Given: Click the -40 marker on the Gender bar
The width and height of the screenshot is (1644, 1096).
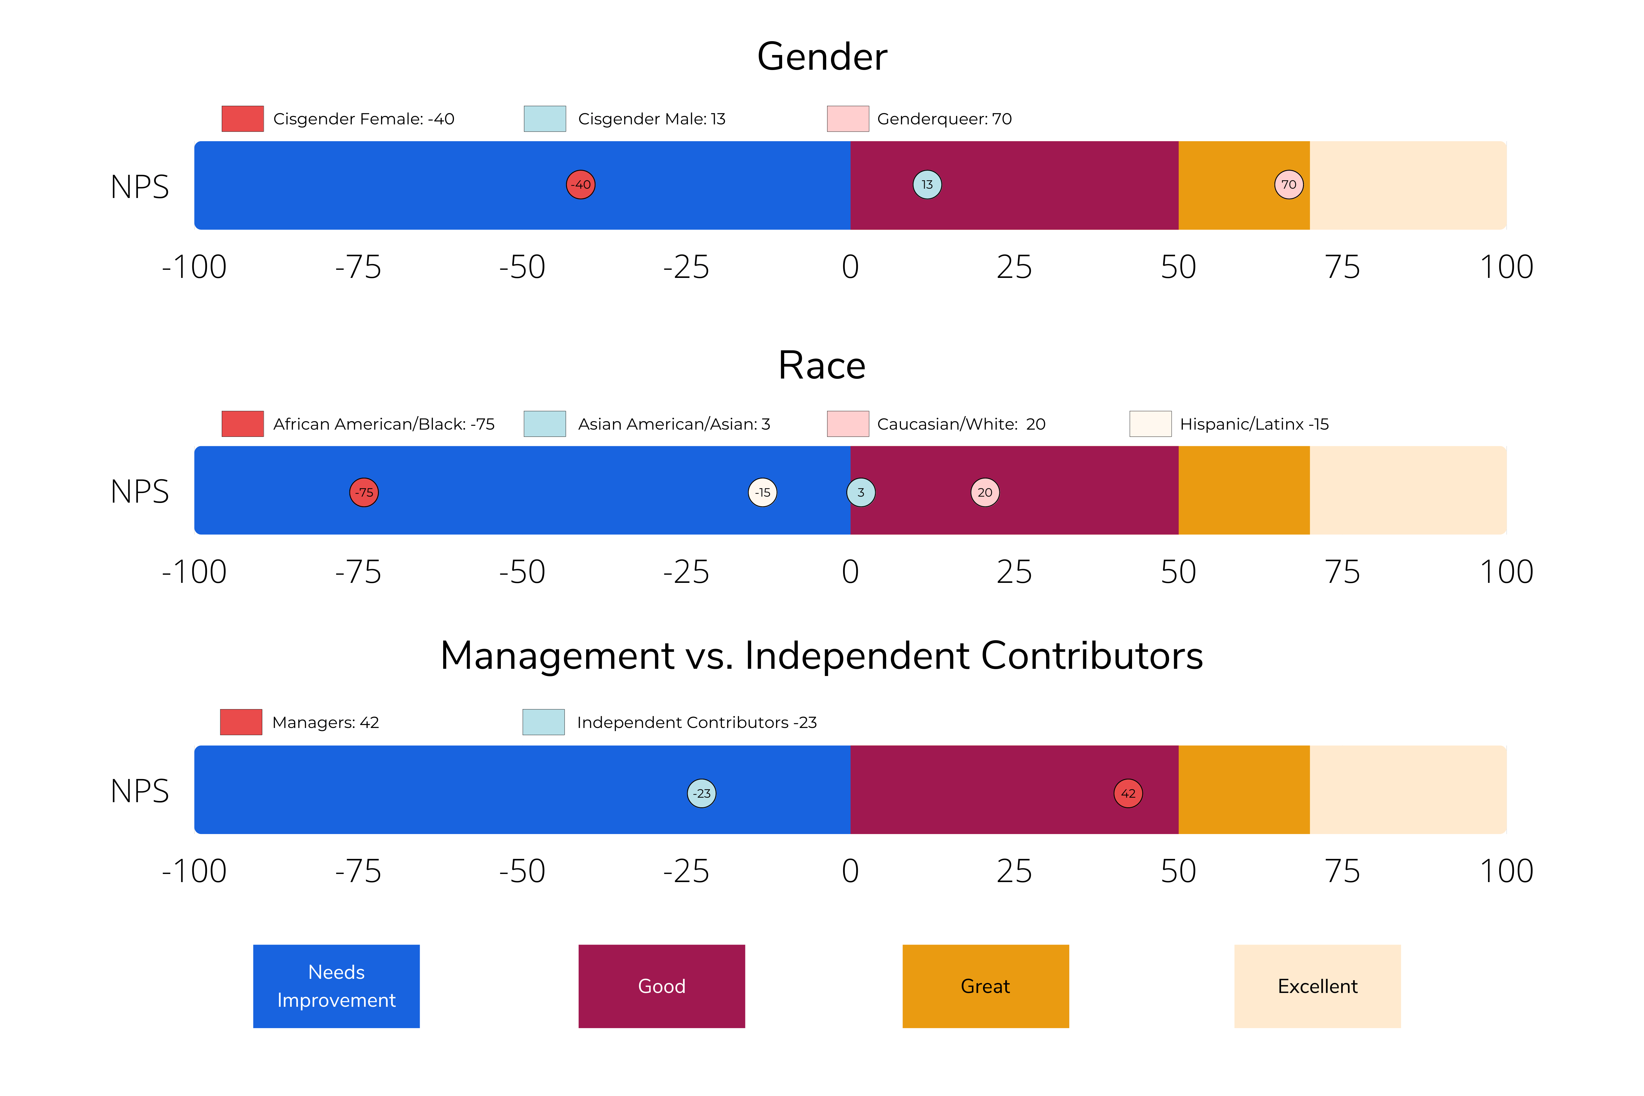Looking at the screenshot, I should pyautogui.click(x=580, y=184).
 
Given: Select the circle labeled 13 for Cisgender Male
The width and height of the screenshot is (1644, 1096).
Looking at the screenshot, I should pyautogui.click(x=927, y=184).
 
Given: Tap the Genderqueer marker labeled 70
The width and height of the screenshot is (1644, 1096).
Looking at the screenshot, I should pyautogui.click(x=1288, y=184).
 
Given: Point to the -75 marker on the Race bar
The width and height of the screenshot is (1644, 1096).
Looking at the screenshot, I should pyautogui.click(x=364, y=492).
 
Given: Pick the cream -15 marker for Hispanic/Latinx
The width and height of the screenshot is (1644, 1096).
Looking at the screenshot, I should pyautogui.click(x=763, y=492).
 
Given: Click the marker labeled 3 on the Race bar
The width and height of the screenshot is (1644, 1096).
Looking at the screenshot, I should pyautogui.click(x=860, y=492).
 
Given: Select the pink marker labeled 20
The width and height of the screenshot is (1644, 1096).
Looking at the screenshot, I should pyautogui.click(x=985, y=492).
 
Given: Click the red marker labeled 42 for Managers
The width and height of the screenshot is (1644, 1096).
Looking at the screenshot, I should pyautogui.click(x=1128, y=793).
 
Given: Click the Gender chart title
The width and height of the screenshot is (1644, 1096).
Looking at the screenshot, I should pyautogui.click(x=822, y=56).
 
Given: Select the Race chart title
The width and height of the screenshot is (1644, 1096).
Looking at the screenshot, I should pyautogui.click(x=822, y=366).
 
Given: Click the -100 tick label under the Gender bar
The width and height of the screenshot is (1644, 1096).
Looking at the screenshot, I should pyautogui.click(x=194, y=267).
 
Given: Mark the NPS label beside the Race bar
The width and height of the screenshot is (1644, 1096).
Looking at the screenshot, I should pyautogui.click(x=140, y=492).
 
